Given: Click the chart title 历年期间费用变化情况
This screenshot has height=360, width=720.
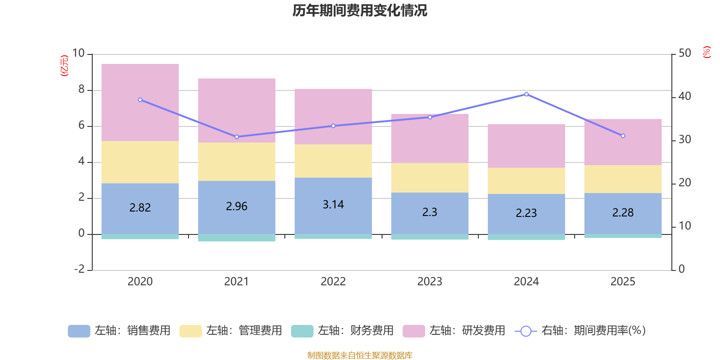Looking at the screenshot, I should coord(360,10).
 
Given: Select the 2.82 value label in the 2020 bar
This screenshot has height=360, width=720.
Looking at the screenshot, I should coord(140,207).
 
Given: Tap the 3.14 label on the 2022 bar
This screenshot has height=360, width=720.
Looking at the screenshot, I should coord(333,204).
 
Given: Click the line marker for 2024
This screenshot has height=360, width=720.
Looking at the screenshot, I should coord(526,94).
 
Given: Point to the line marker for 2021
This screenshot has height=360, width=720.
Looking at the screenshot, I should coord(237,137).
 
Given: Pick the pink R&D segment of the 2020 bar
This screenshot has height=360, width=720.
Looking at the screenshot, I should coord(140,103).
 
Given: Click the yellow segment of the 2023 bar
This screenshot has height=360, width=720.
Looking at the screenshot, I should coord(430,178).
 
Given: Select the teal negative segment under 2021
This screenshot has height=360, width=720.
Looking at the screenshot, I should coord(237,238).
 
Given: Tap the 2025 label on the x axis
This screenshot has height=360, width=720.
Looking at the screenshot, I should coord(623,282).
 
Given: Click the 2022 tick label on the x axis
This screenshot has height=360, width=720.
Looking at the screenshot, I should coord(333,282).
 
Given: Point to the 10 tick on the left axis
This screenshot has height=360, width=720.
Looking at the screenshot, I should coord(78,53).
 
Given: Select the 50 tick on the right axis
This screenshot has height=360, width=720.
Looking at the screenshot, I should coord(684,53).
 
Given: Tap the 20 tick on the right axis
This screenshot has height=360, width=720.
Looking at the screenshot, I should coord(684,183).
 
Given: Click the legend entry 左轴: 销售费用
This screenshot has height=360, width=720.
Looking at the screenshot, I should coord(120,331).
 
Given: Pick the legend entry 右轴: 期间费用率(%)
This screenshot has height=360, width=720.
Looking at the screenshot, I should coord(583,331).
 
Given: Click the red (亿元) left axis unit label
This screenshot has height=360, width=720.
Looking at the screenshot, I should coord(64,66).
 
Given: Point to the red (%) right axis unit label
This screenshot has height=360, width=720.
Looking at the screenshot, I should coord(707,52).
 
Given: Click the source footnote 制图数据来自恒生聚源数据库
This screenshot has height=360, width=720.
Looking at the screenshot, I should coord(360,355).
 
